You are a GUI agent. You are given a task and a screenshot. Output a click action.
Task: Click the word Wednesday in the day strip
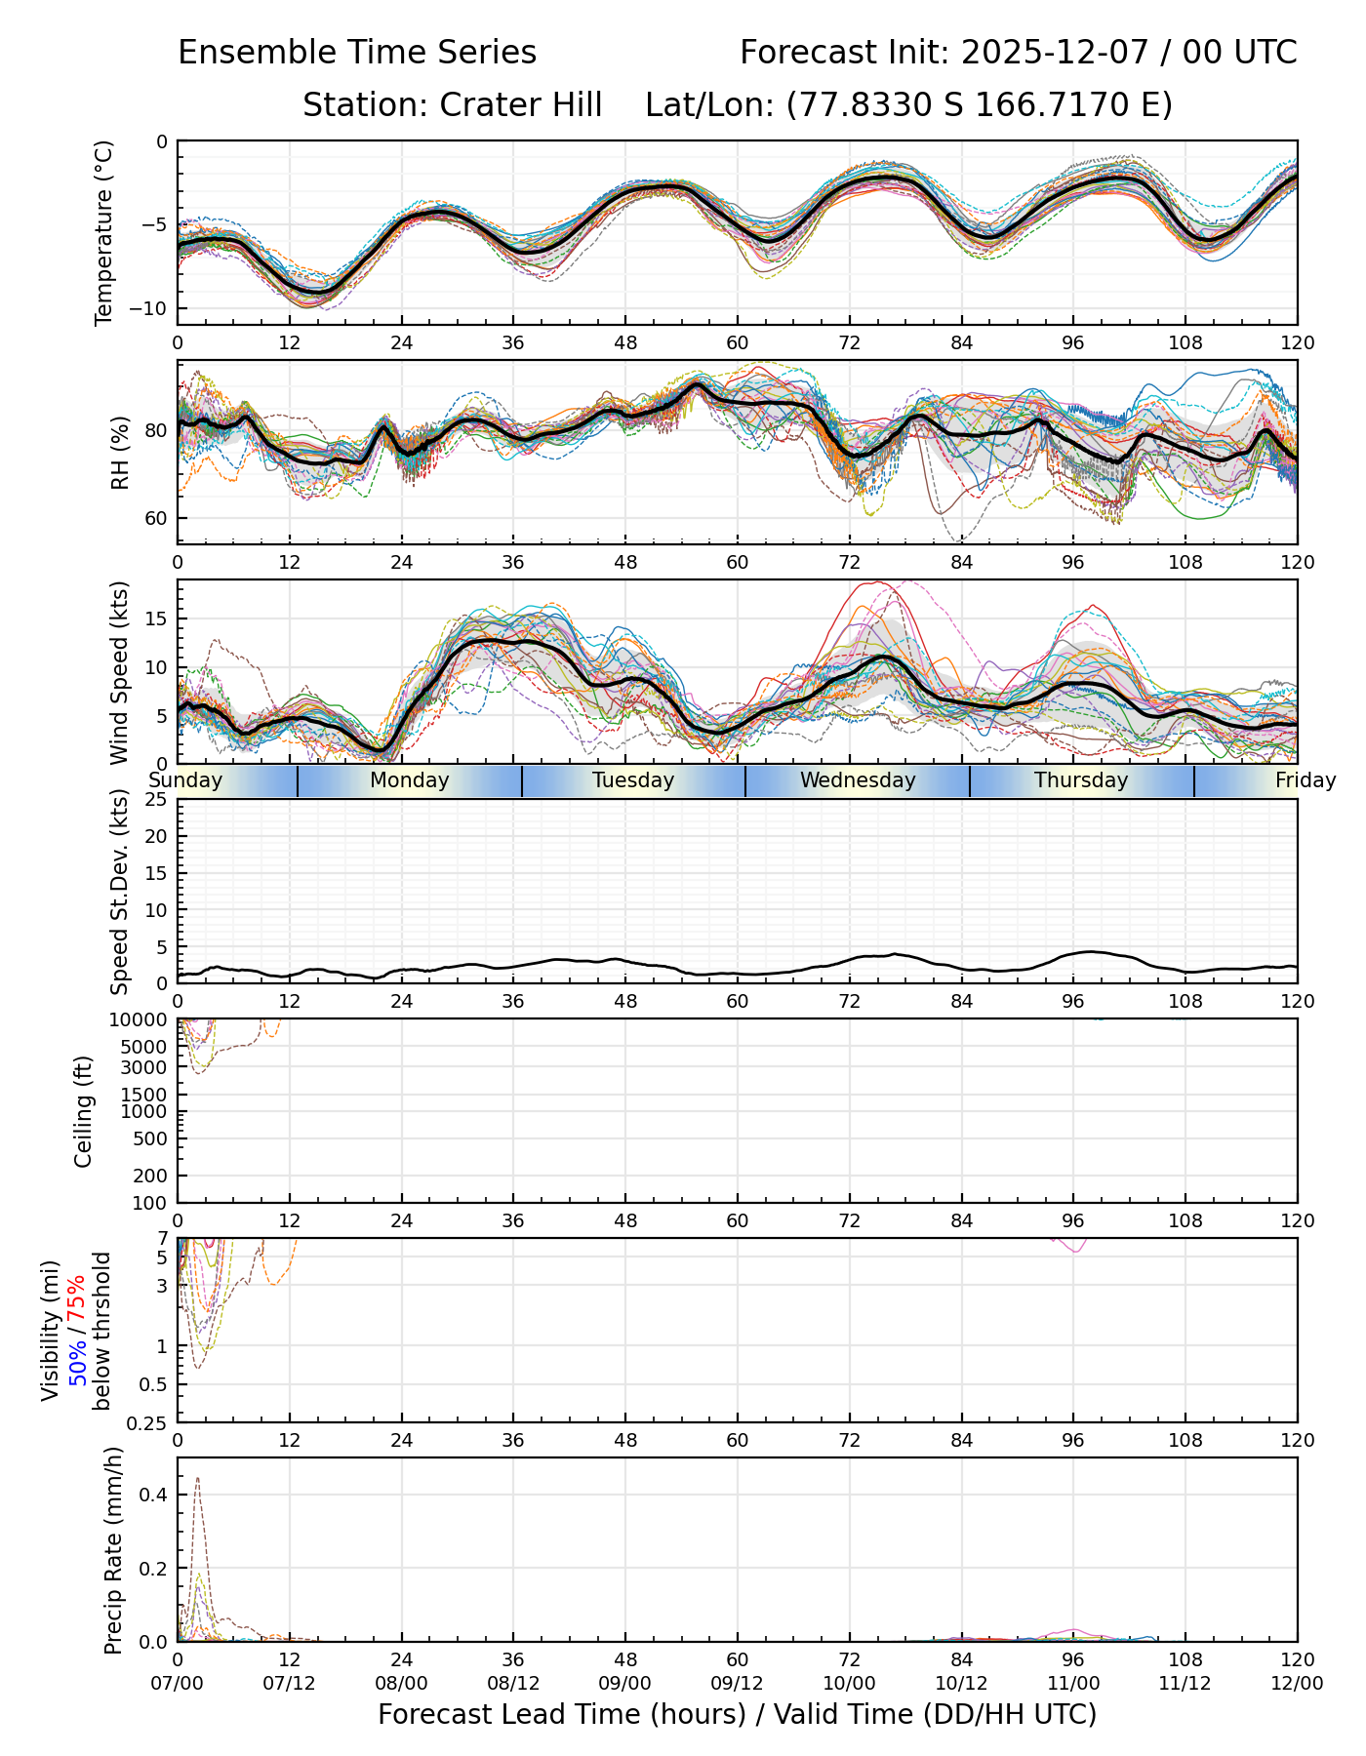coord(858,780)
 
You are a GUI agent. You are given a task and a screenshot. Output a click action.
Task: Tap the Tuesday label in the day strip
coord(633,780)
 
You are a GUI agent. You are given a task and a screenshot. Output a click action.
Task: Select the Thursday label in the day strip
coord(1081,780)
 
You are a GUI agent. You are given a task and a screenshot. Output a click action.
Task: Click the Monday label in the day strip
coord(410,780)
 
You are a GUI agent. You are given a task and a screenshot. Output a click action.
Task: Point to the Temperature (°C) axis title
coord(104,232)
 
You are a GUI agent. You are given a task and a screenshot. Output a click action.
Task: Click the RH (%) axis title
coord(120,452)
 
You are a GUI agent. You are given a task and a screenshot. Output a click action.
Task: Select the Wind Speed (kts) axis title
coord(119,672)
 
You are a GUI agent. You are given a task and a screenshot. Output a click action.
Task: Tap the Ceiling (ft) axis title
coord(84,1111)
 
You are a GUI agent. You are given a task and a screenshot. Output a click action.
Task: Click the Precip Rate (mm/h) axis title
coord(114,1550)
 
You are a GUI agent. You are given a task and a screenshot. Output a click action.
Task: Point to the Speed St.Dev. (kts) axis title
coord(119,891)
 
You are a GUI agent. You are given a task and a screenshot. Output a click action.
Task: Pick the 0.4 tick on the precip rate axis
coord(156,1495)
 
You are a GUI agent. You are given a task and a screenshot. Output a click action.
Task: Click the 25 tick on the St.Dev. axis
coord(157,800)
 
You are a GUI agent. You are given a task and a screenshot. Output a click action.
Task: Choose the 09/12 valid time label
coord(737,1683)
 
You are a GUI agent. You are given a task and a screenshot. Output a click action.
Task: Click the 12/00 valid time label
coord(1297,1683)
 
